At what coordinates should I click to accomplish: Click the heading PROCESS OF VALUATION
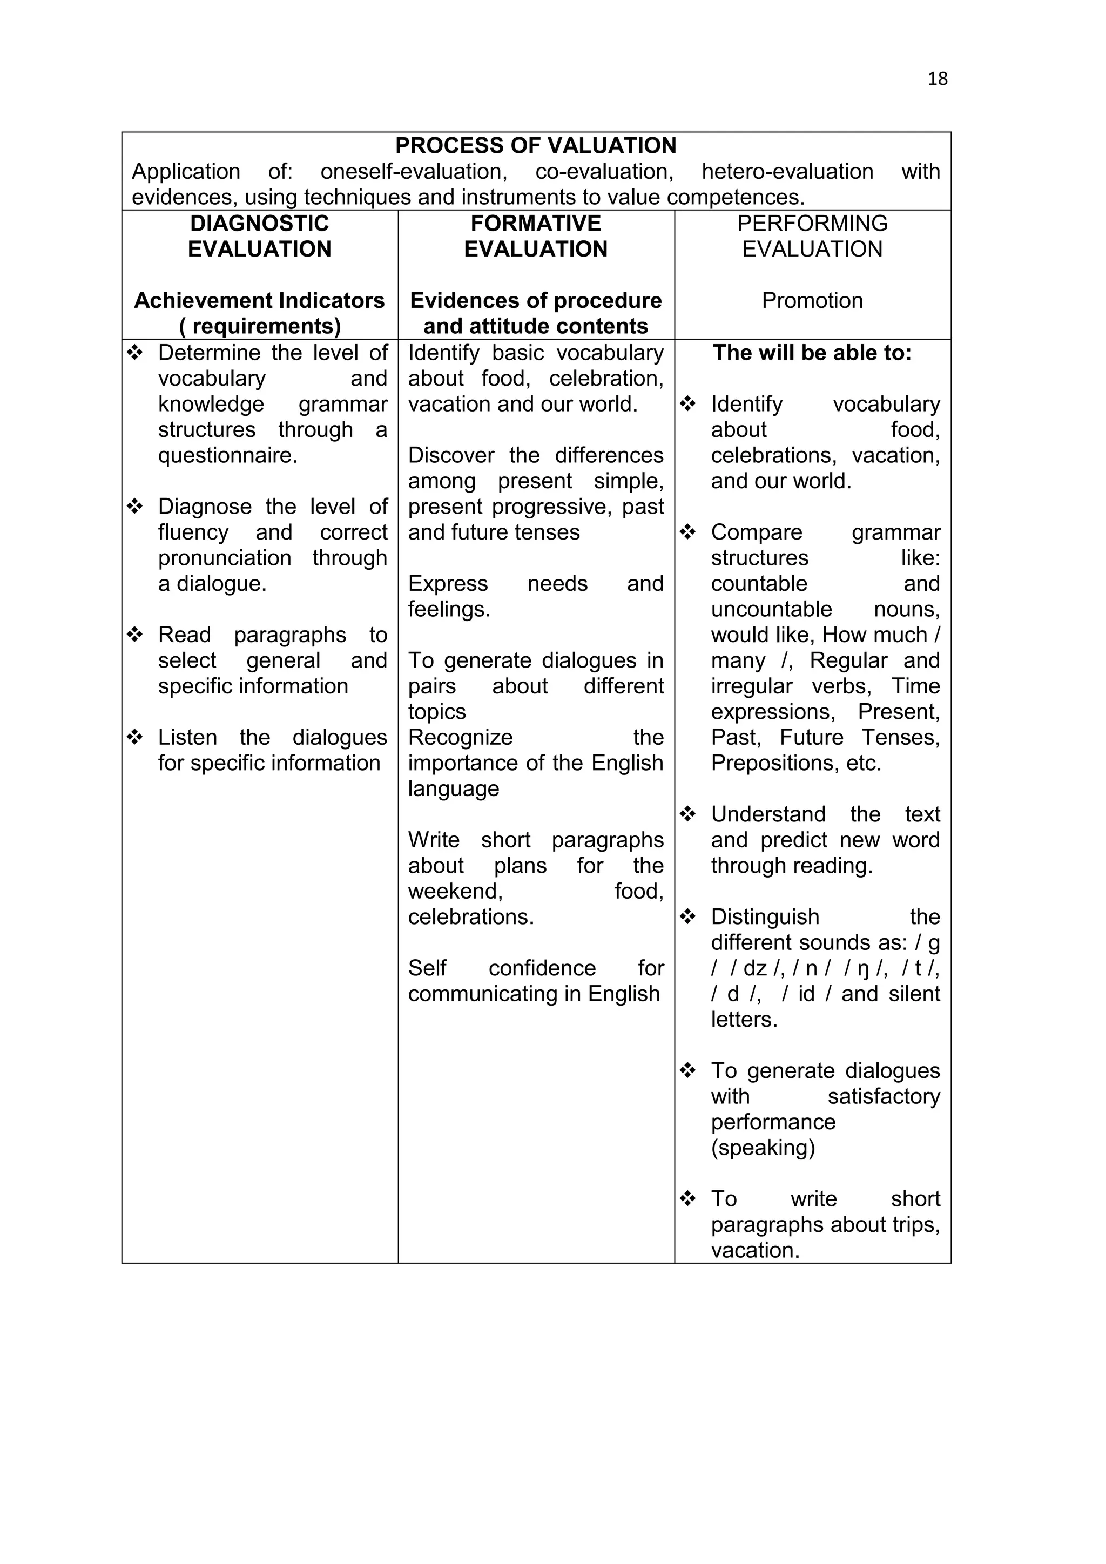tap(535, 146)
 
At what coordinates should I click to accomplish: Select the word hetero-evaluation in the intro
tap(787, 172)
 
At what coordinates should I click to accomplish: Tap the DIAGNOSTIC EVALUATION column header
tap(259, 235)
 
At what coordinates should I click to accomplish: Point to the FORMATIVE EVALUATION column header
tap(535, 235)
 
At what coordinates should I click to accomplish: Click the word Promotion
tap(812, 300)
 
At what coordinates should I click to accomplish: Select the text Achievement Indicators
tap(259, 300)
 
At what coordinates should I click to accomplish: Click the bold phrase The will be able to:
tap(812, 353)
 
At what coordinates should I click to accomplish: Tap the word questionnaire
tap(227, 455)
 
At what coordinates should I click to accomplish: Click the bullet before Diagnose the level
tap(135, 506)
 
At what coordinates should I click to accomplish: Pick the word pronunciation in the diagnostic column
tap(225, 558)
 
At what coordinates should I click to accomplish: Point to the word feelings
tap(449, 609)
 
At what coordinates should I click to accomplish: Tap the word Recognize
tap(460, 737)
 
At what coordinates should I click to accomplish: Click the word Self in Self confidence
tap(427, 968)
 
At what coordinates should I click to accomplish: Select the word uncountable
tap(771, 609)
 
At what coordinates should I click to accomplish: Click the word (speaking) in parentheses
tap(763, 1148)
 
